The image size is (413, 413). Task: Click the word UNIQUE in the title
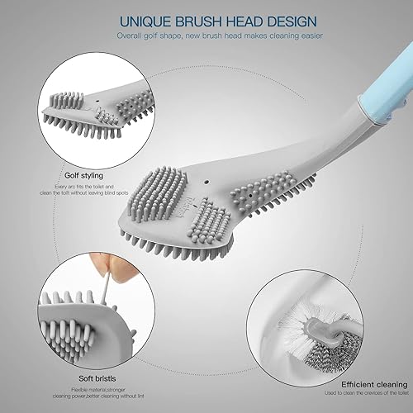click(121, 20)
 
